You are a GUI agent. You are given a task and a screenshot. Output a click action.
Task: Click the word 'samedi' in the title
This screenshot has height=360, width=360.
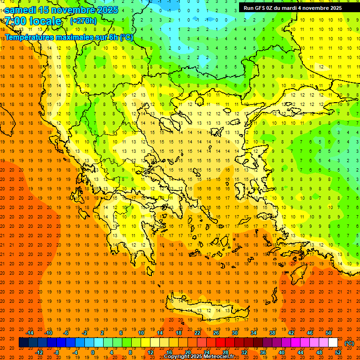coord(21,9)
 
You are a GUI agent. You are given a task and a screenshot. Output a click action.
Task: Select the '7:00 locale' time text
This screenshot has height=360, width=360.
coord(33,21)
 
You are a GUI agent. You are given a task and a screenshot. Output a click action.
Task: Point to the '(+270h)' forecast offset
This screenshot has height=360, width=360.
coord(83,21)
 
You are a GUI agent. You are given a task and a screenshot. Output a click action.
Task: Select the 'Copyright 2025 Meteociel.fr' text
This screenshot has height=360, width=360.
coord(199,357)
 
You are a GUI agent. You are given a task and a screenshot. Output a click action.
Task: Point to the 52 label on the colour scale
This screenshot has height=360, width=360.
coord(338,352)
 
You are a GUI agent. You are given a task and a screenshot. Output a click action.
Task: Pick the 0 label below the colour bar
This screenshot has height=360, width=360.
coord(93,352)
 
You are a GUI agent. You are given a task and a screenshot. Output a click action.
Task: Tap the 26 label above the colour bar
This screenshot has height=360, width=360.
coord(216,333)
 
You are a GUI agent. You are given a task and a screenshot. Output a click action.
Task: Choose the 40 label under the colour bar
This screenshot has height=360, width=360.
coord(281,352)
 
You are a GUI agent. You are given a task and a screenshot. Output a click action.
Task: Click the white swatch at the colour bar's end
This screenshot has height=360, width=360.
coord(333,343)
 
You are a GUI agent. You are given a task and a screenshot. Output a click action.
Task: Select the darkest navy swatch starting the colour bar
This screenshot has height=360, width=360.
coord(23,343)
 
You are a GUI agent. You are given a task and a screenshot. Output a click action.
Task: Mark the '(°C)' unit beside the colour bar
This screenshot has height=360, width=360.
coord(349,343)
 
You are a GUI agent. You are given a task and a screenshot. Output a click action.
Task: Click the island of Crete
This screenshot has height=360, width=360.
coord(206,311)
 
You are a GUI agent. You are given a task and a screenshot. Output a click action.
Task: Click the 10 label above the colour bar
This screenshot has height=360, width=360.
coord(141,333)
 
